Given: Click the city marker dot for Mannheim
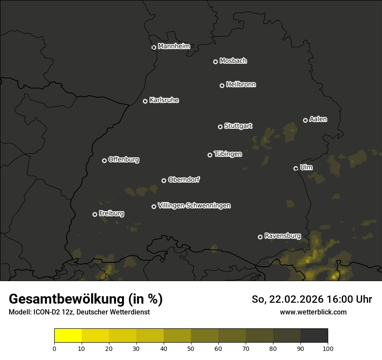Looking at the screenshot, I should [154, 48].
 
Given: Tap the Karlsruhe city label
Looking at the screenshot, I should [164, 100].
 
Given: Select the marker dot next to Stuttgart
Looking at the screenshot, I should [220, 127].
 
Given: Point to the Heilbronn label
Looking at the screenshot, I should [241, 85].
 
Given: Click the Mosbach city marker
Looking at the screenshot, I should [215, 62].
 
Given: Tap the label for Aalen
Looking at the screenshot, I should [318, 119].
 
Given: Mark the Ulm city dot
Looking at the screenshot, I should [296, 168].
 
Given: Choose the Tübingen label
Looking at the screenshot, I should [228, 154].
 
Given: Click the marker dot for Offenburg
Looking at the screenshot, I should [104, 160].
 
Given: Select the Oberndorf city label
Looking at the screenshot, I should [184, 180].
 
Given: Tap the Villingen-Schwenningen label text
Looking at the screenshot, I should [194, 206].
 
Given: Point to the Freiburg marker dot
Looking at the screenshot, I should [95, 214].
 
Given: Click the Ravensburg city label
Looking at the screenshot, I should [283, 236].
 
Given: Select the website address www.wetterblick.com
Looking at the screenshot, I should [313, 312].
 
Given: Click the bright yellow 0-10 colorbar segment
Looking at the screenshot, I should [68, 336].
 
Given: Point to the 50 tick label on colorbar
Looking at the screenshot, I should [191, 348].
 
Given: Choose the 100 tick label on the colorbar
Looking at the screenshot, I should [328, 348].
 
